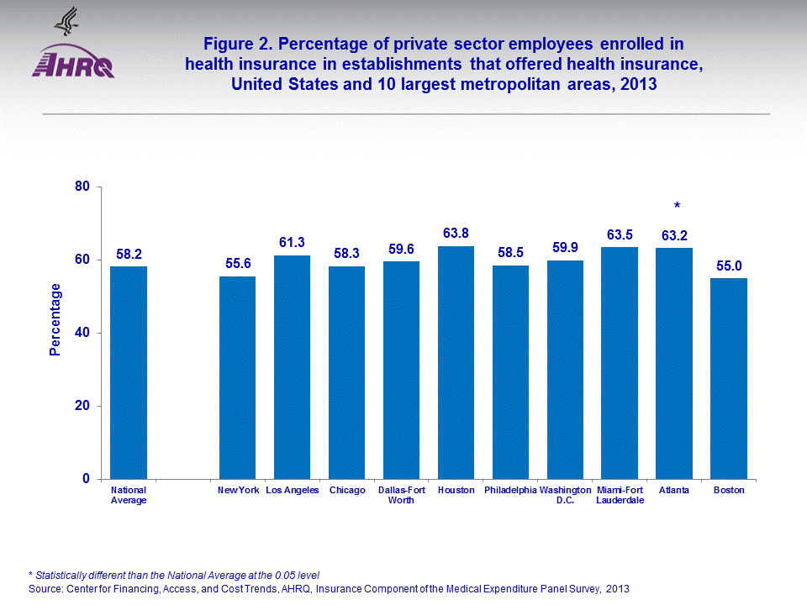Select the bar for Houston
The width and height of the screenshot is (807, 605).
click(x=456, y=362)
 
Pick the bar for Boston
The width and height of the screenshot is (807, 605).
click(x=729, y=378)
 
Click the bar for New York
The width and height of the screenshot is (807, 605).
click(x=237, y=377)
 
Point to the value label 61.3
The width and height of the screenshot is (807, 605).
click(x=292, y=243)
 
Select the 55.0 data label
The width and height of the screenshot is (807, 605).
click(x=729, y=266)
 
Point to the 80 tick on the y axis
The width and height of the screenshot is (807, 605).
click(x=82, y=187)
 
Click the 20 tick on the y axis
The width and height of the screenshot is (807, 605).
click(x=82, y=406)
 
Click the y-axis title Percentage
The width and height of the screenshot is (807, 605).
click(x=55, y=319)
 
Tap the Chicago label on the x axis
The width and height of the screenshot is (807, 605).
click(x=347, y=490)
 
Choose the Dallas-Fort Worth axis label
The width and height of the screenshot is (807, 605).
click(x=402, y=495)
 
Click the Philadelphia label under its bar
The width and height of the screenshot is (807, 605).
click(x=510, y=490)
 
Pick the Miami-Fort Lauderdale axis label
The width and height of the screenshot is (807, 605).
click(x=620, y=495)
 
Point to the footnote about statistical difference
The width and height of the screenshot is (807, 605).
click(x=174, y=575)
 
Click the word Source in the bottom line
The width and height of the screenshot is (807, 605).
click(x=44, y=589)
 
